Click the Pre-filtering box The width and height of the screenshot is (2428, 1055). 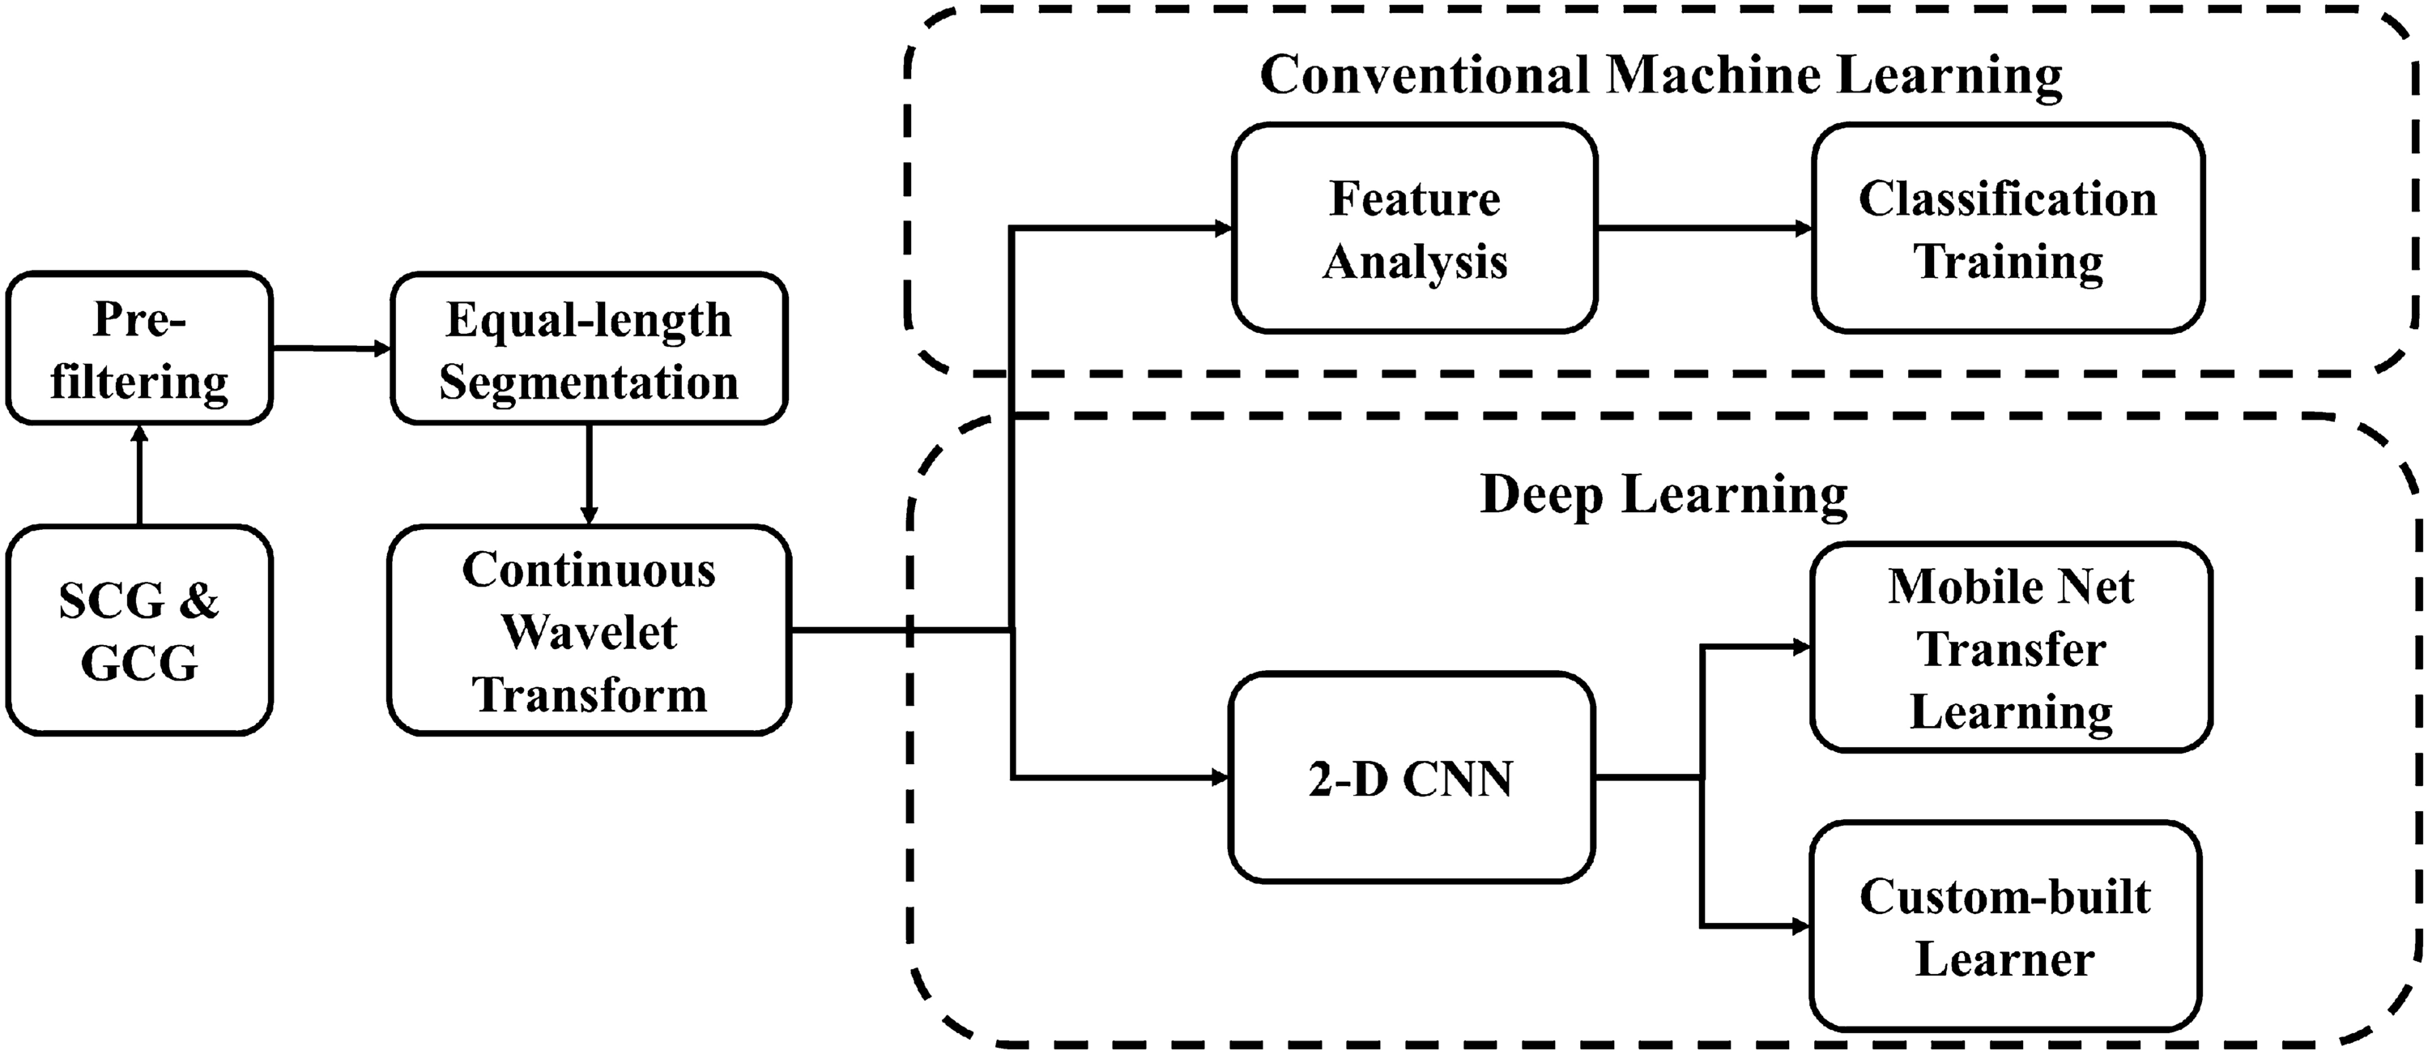coord(139,349)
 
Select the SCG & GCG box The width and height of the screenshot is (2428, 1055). coord(139,630)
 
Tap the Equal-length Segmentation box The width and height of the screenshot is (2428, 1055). coord(588,349)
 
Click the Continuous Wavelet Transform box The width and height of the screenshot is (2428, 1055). coord(588,630)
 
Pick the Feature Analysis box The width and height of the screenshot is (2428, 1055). coord(1414,229)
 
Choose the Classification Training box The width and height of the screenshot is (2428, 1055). coord(2008,229)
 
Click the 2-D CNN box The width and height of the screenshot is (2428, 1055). coord(1411,778)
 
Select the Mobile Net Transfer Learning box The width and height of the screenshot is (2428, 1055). coord(2010,647)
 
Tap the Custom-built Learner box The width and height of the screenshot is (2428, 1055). coord(2004,926)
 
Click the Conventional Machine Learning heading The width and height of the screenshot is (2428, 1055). coord(1661,75)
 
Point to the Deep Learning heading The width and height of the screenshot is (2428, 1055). coord(1663,494)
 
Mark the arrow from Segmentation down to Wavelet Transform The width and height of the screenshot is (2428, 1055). coord(588,474)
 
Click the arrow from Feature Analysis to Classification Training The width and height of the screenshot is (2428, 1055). coord(1704,229)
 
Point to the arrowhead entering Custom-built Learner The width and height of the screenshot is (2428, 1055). coord(1800,926)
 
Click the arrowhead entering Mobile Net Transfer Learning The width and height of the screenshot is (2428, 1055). coord(1800,647)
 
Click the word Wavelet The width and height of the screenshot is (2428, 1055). coord(588,632)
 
